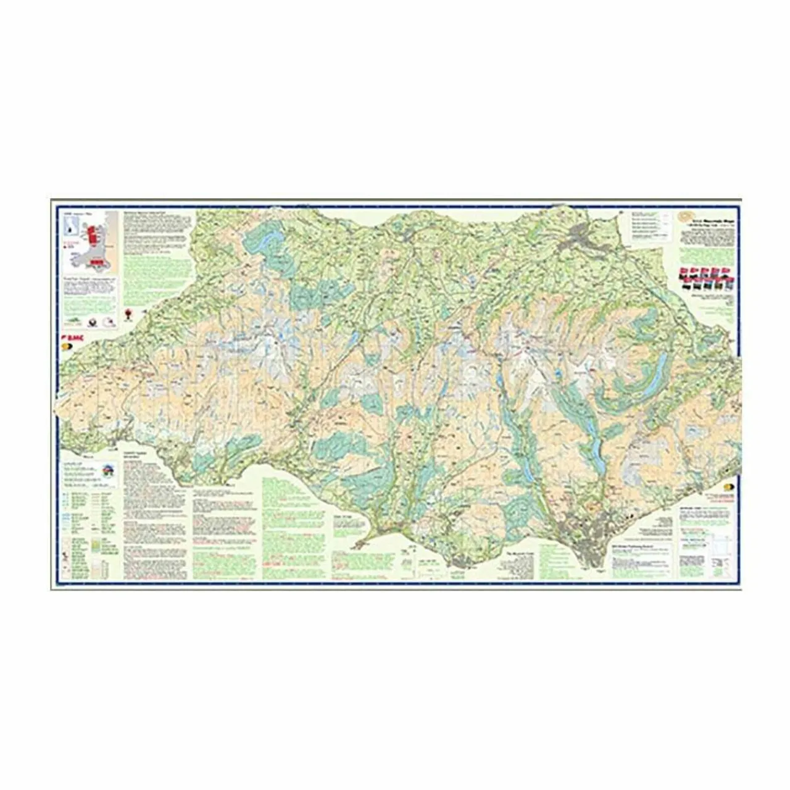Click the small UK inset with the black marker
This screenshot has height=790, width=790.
[x=72, y=227]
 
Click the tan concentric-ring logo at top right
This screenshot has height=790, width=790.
[x=683, y=218]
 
